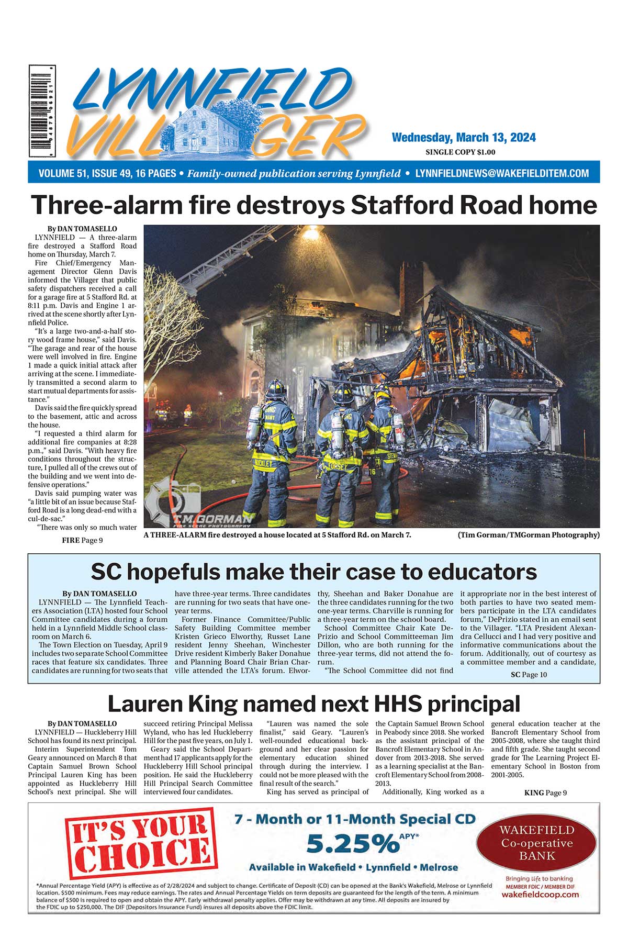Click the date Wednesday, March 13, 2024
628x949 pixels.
click(x=464, y=138)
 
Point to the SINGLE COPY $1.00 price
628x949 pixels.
click(x=461, y=152)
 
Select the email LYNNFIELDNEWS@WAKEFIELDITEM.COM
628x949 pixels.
click(x=502, y=173)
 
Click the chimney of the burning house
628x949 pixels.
click(x=411, y=285)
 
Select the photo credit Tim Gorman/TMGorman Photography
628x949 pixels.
click(x=529, y=534)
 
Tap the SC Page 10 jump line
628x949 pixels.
click(x=529, y=675)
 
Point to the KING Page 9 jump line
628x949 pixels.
click(x=545, y=792)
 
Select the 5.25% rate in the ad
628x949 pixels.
click(x=352, y=843)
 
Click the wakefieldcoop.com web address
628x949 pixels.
click(x=540, y=895)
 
